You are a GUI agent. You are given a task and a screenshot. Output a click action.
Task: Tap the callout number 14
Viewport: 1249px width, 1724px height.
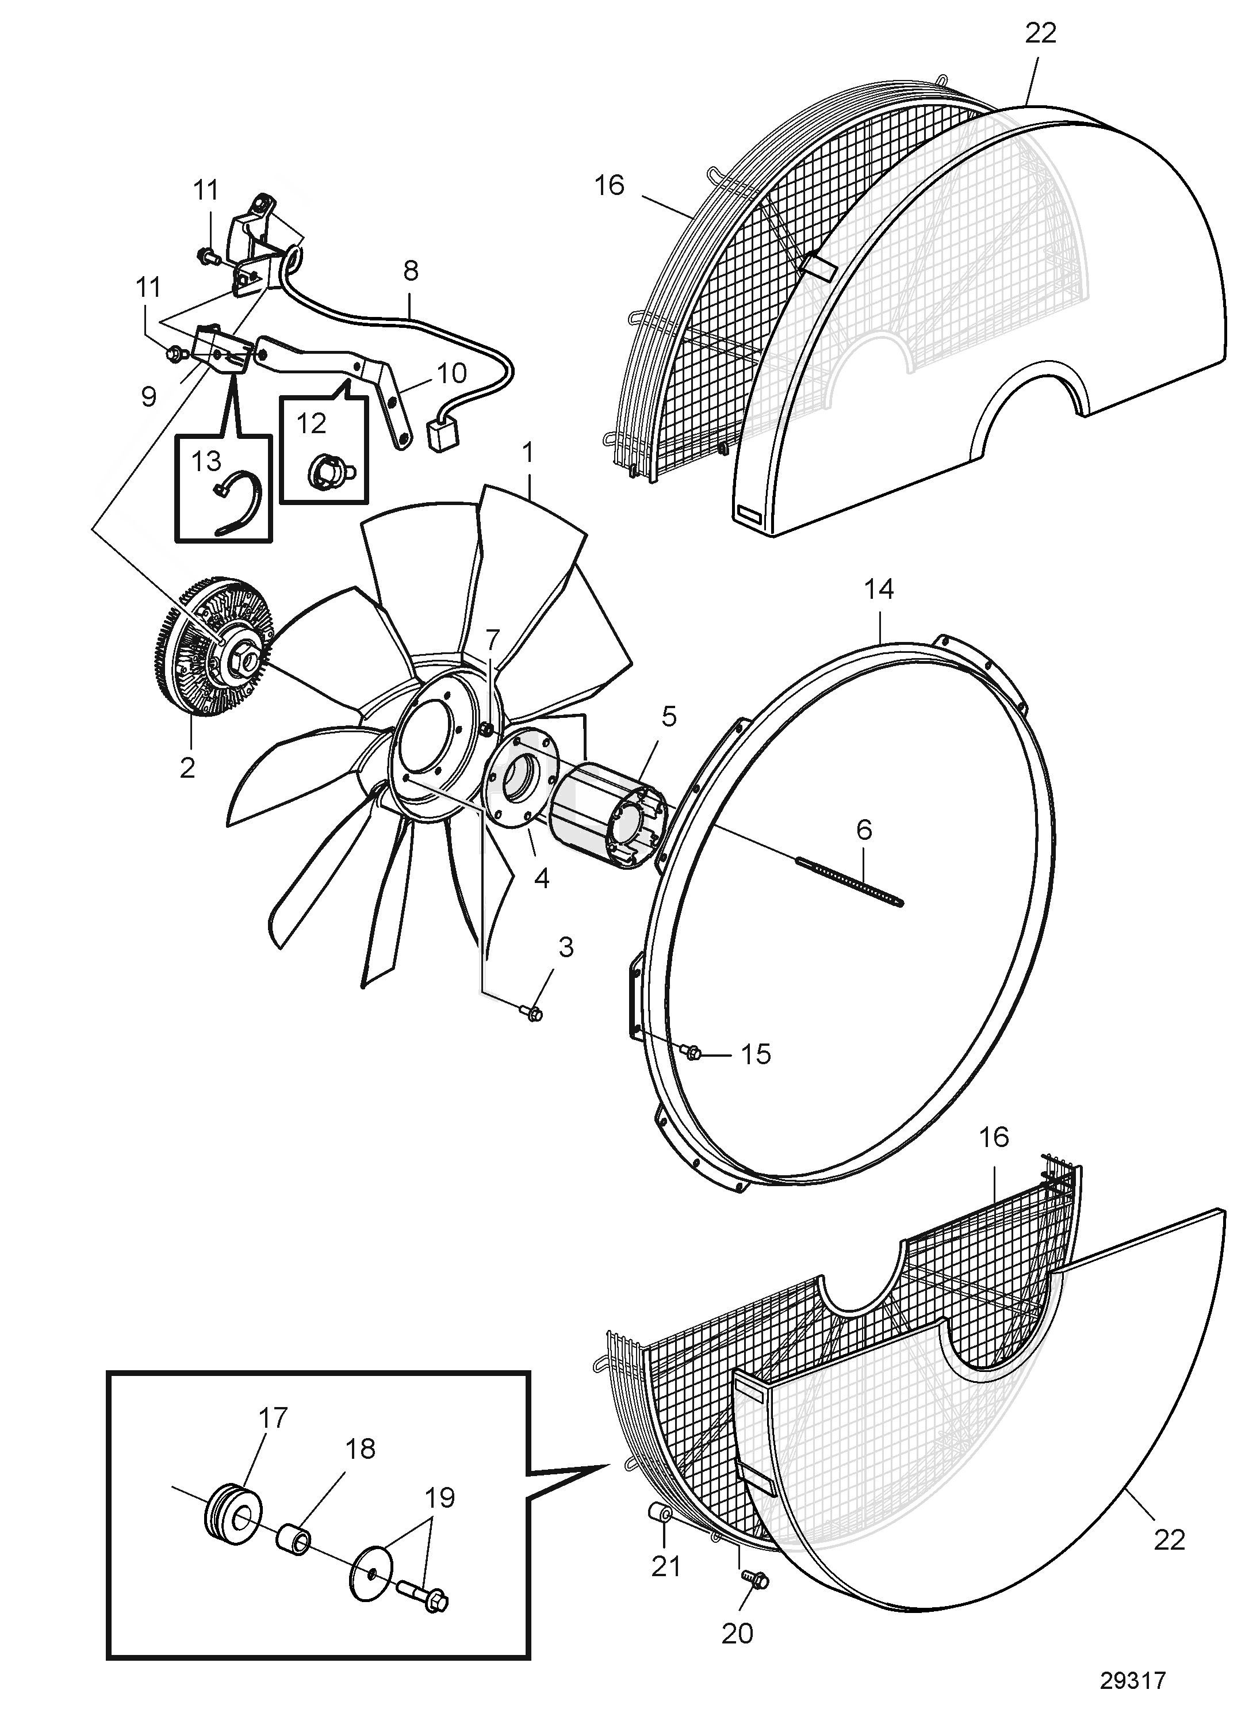[879, 589]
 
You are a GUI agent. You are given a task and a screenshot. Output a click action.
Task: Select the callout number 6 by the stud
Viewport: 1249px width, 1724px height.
[864, 829]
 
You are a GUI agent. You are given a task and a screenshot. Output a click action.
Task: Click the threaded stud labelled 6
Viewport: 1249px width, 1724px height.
[849, 880]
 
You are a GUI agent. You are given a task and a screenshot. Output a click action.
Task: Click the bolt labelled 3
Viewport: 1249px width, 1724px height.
[532, 1012]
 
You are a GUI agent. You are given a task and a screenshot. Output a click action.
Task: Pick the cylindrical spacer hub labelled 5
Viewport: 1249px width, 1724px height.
[608, 816]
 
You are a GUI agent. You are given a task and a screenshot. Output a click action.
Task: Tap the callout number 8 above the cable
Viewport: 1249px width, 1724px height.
[410, 270]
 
